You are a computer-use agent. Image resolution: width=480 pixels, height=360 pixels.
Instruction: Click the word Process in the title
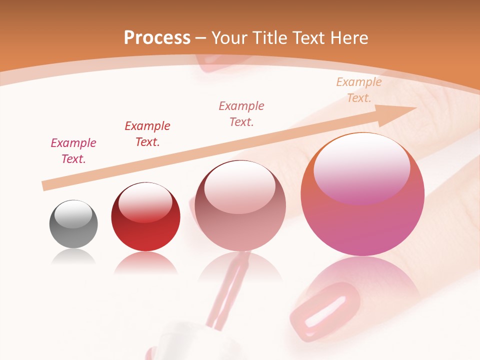click(x=157, y=38)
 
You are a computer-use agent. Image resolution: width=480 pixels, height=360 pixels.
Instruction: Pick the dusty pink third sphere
click(x=240, y=207)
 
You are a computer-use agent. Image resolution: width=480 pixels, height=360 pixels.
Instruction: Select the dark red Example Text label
click(x=147, y=134)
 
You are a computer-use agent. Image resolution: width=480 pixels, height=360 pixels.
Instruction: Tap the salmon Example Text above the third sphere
click(x=241, y=114)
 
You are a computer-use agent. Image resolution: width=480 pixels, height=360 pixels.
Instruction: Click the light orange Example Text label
click(x=359, y=90)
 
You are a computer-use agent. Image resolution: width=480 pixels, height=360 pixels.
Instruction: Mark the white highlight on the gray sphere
click(x=73, y=214)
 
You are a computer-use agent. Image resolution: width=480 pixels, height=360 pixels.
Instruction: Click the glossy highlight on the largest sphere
click(x=361, y=167)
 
